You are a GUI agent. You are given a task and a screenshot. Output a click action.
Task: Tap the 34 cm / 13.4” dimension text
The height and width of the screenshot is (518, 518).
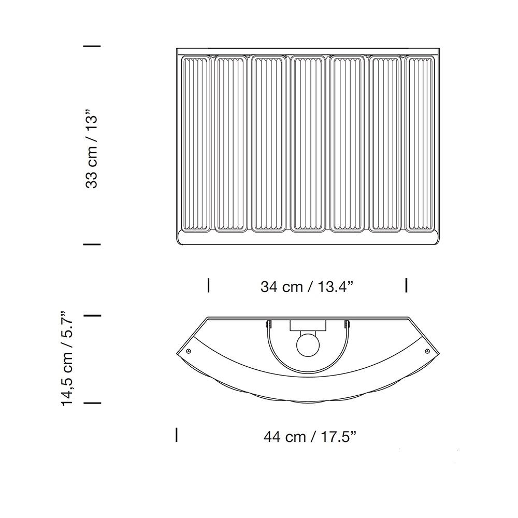(x=307, y=286)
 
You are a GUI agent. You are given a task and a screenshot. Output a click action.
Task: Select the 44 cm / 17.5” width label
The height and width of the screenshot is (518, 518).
(x=310, y=437)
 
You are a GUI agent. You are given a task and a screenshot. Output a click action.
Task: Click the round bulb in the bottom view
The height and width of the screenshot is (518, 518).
(x=308, y=345)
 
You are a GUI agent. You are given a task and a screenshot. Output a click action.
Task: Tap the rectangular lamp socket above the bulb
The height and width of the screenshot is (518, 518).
(x=308, y=325)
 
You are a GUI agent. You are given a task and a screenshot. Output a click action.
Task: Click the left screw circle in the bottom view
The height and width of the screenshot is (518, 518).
(x=189, y=351)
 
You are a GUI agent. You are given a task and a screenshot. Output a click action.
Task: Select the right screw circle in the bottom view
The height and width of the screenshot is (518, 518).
(x=427, y=351)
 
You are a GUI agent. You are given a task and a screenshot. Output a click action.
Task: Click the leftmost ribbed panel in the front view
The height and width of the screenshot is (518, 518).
(x=196, y=143)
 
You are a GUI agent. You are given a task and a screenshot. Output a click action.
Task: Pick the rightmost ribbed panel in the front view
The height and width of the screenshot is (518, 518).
(x=420, y=143)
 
